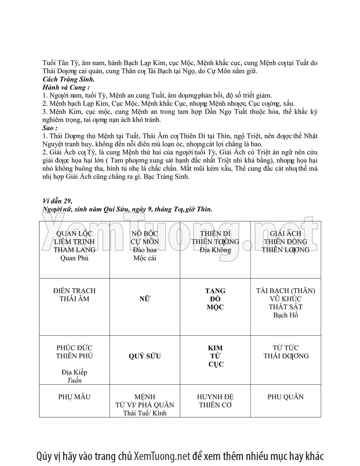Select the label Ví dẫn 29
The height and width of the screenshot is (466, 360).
pyautogui.click(x=57, y=201)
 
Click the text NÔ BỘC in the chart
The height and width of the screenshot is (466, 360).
pyautogui.click(x=144, y=234)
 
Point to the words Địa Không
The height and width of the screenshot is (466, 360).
pyautogui.click(x=215, y=250)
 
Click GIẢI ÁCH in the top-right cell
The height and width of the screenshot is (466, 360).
pyautogui.click(x=285, y=234)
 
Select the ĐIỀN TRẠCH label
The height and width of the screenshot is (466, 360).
pyautogui.click(x=74, y=291)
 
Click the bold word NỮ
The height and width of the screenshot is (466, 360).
pyautogui.click(x=144, y=299)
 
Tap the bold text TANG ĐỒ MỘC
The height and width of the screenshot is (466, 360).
pyautogui.click(x=215, y=299)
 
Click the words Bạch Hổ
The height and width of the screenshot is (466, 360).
pyautogui.click(x=285, y=315)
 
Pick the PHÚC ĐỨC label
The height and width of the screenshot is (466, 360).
pyautogui.click(x=74, y=348)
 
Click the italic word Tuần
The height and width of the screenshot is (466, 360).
pyautogui.click(x=74, y=380)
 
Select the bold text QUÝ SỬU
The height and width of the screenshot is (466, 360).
pyautogui.click(x=144, y=356)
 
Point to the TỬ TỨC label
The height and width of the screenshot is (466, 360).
pyautogui.click(x=285, y=348)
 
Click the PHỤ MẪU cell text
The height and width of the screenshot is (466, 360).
pyautogui.click(x=74, y=397)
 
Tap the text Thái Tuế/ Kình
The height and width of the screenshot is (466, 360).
pyautogui.click(x=144, y=413)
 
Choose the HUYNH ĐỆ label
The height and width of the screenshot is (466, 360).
pyautogui.click(x=215, y=397)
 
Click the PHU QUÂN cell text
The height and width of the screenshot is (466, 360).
pyautogui.click(x=285, y=397)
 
